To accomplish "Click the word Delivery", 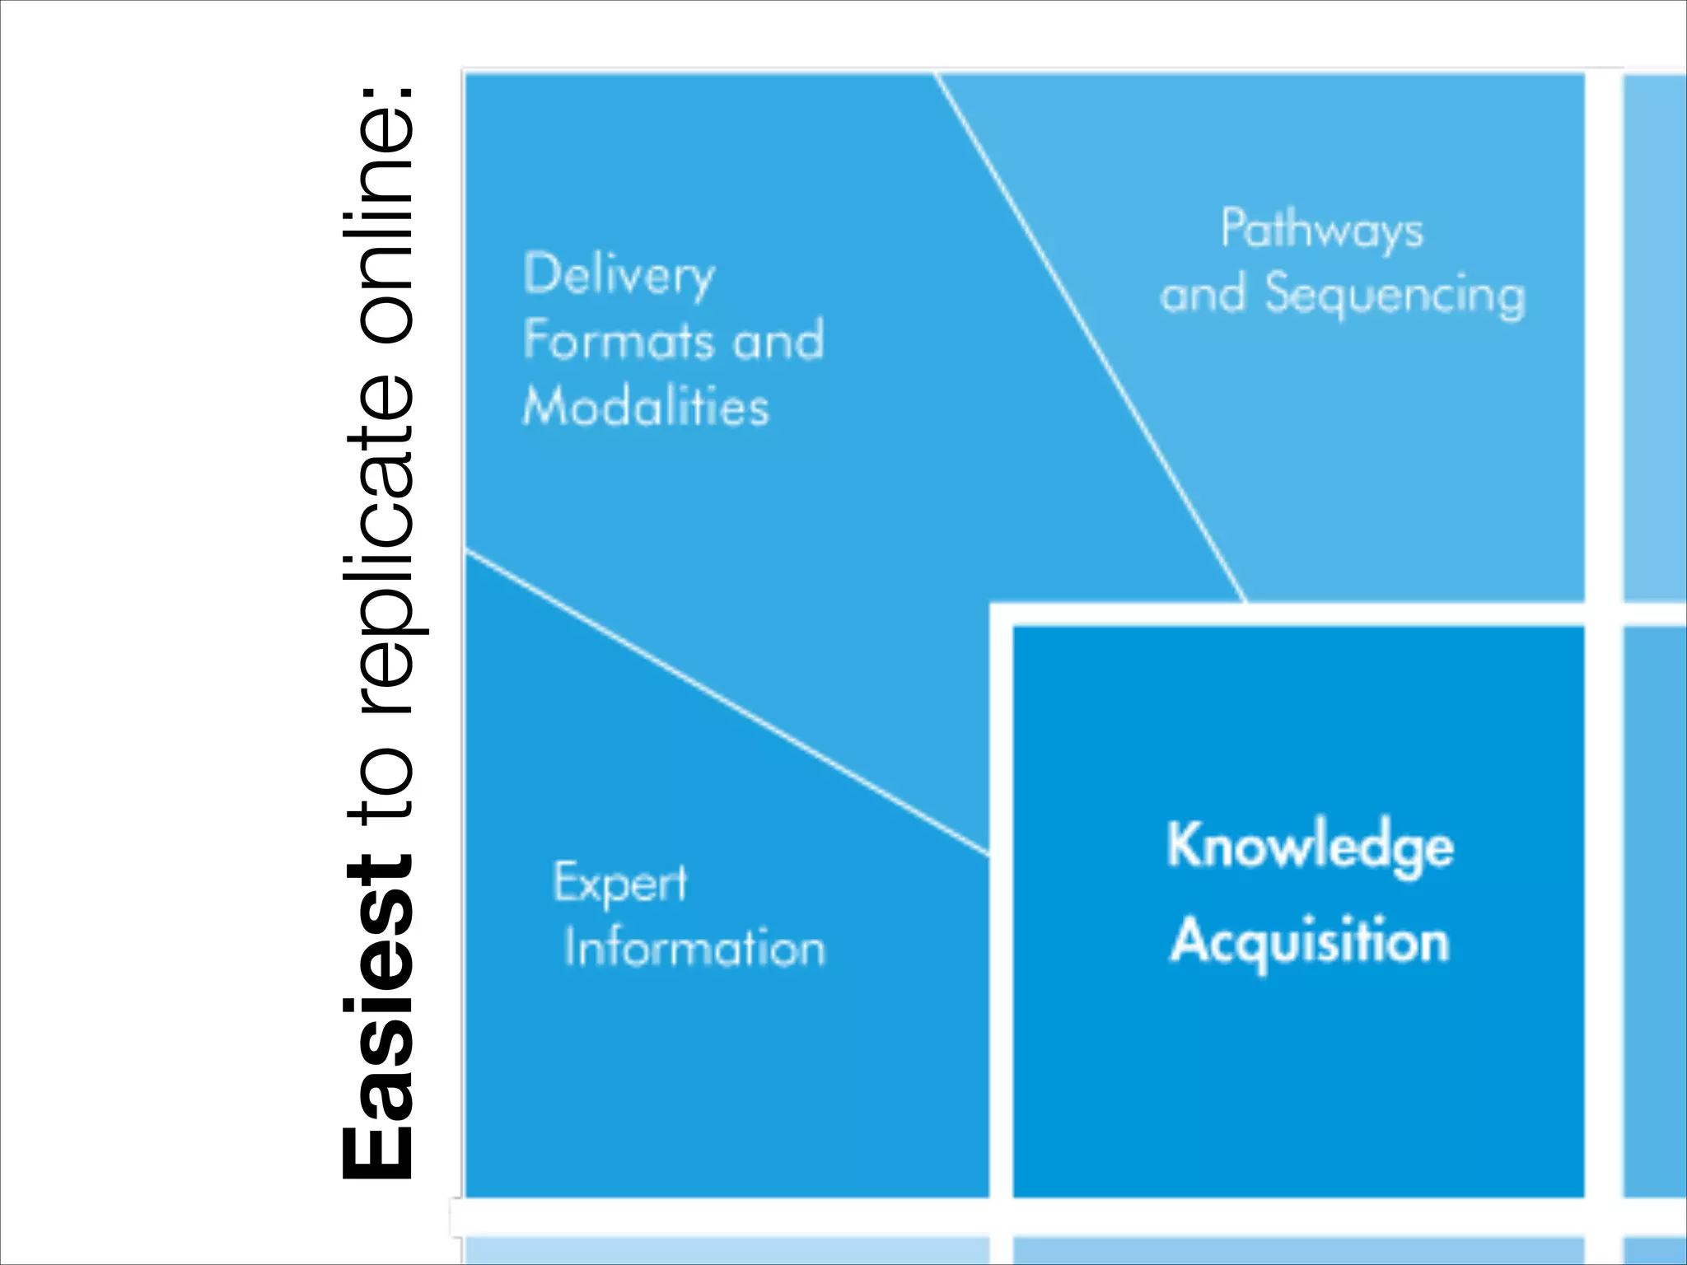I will pyautogui.click(x=619, y=275).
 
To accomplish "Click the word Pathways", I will pyautogui.click(x=1322, y=229).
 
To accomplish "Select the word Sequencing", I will pyautogui.click(x=1395, y=295).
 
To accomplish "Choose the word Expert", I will pyautogui.click(x=619, y=884).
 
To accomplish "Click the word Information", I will pyautogui.click(x=694, y=947).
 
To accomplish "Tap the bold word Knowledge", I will pyautogui.click(x=1310, y=847).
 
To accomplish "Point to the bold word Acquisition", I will pyautogui.click(x=1310, y=941).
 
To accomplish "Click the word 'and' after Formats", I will pyautogui.click(x=778, y=339).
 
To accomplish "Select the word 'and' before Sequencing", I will pyautogui.click(x=1203, y=294).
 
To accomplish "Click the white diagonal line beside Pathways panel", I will pyautogui.click(x=1091, y=338).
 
